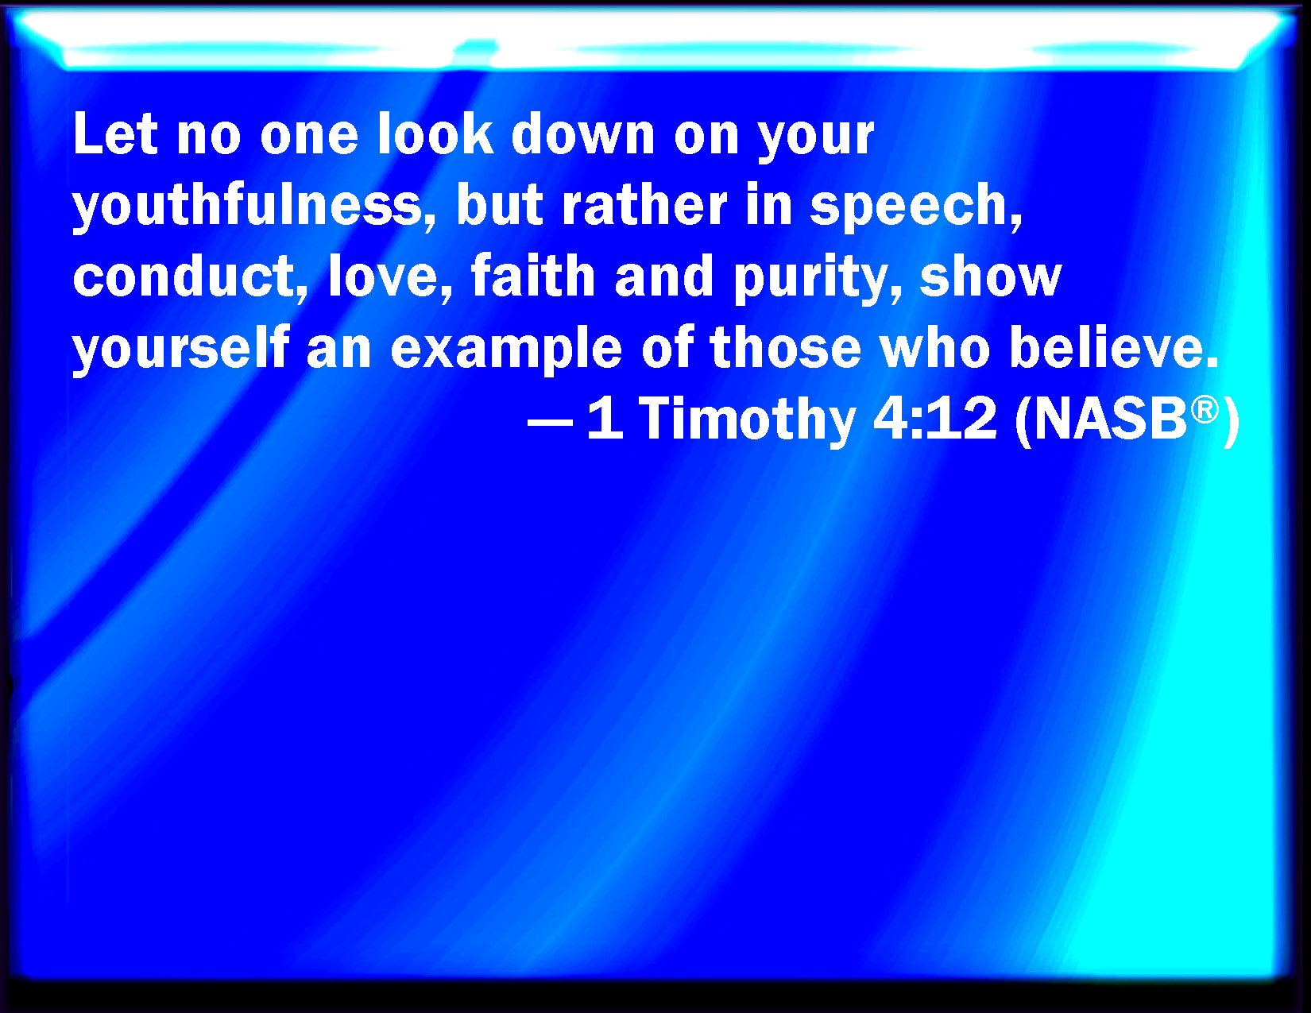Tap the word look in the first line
[435, 133]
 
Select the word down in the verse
[583, 133]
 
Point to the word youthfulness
[248, 205]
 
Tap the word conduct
[189, 276]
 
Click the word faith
[533, 276]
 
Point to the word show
[990, 276]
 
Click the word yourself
[181, 348]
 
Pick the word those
[785, 348]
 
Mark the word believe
[1114, 348]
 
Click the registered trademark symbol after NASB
[1205, 410]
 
